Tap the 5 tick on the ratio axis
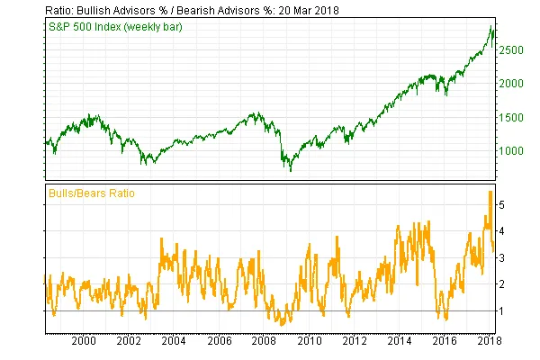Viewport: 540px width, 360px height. (x=505, y=205)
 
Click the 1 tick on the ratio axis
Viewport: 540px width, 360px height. (x=505, y=310)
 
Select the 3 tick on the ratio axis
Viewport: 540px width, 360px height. (x=505, y=258)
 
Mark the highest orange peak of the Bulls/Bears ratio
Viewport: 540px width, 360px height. (x=490, y=192)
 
